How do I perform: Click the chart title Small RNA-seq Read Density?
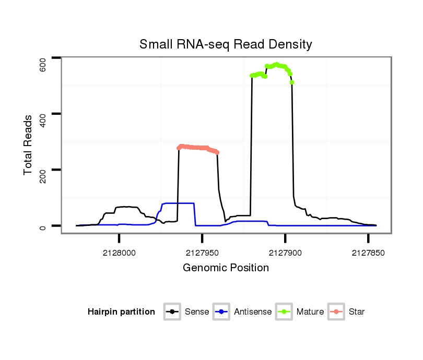click(226, 44)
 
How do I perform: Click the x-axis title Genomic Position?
click(226, 268)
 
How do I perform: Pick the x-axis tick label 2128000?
click(119, 252)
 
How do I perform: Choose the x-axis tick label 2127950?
click(202, 252)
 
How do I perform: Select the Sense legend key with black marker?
click(172, 312)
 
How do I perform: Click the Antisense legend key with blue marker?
click(221, 312)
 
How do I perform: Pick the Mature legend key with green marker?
click(284, 312)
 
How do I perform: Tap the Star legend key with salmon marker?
click(336, 312)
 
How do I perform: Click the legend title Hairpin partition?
click(121, 312)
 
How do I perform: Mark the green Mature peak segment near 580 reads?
click(276, 65)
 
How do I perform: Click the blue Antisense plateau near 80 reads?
click(179, 203)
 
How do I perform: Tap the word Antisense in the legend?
click(252, 312)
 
